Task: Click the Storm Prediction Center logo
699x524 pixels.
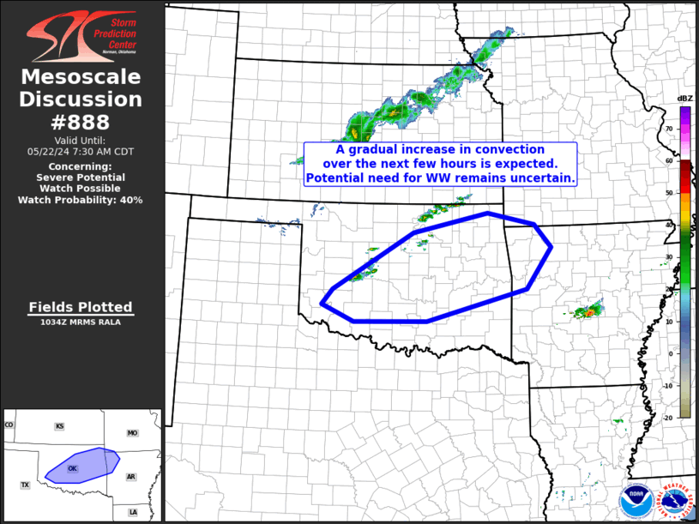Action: [x=81, y=39]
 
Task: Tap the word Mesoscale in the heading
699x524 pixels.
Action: [x=81, y=77]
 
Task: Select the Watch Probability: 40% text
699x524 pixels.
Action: [x=81, y=200]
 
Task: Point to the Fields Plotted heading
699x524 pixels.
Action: [x=81, y=307]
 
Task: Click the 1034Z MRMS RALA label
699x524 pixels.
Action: [x=81, y=322]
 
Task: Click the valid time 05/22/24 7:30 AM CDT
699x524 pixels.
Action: [x=81, y=151]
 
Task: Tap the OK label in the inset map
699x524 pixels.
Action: [x=73, y=468]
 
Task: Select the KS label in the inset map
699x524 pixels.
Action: [x=59, y=426]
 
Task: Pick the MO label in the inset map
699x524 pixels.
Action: [x=132, y=433]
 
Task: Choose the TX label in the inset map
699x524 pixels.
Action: [x=25, y=485]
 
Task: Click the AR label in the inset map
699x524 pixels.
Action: [x=131, y=477]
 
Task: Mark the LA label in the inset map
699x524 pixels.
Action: [x=133, y=512]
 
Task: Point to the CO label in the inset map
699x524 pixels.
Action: [x=9, y=425]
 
